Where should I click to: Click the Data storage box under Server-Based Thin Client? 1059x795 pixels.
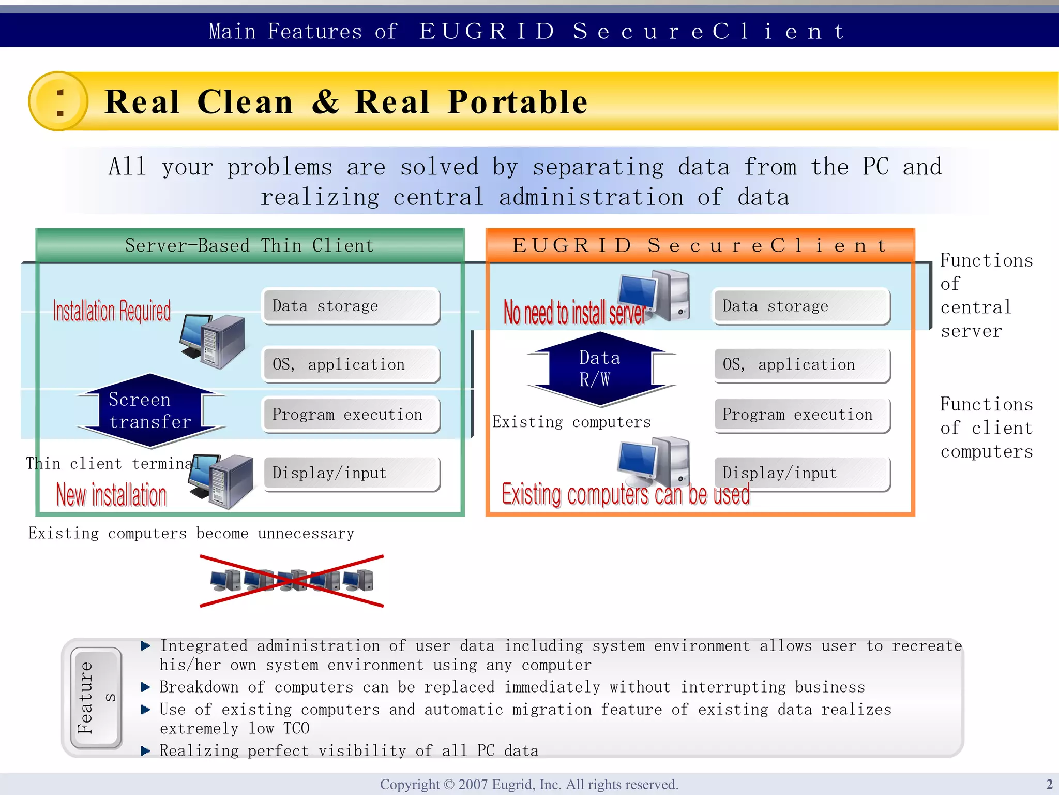pyautogui.click(x=351, y=306)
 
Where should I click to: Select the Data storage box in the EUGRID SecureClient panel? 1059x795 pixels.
pyautogui.click(x=800, y=306)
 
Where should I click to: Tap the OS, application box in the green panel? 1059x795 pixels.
pyautogui.click(x=351, y=365)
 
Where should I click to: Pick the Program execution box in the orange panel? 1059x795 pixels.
pyautogui.click(x=801, y=415)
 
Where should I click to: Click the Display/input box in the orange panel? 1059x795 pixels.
pyautogui.click(x=801, y=473)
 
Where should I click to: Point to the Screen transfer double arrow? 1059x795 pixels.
pyautogui.click(x=150, y=410)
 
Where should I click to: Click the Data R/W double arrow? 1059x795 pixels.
pyautogui.click(x=600, y=369)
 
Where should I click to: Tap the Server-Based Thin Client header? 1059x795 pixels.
pyautogui.click(x=249, y=245)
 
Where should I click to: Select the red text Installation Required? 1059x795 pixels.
pyautogui.click(x=112, y=311)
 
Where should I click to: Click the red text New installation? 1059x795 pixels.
pyautogui.click(x=112, y=495)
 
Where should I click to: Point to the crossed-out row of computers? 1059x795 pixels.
pyautogui.click(x=292, y=581)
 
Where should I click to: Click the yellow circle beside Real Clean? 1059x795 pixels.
pyautogui.click(x=58, y=101)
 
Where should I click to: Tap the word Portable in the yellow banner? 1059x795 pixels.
pyautogui.click(x=518, y=101)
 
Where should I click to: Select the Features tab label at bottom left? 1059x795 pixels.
pyautogui.click(x=96, y=698)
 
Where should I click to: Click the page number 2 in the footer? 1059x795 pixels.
pyautogui.click(x=1049, y=784)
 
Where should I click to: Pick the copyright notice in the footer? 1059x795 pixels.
pyautogui.click(x=529, y=784)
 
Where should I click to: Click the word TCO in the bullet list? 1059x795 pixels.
pyautogui.click(x=296, y=729)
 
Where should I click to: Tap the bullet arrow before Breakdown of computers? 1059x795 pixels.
pyautogui.click(x=146, y=687)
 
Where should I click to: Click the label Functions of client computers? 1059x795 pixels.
pyautogui.click(x=986, y=428)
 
